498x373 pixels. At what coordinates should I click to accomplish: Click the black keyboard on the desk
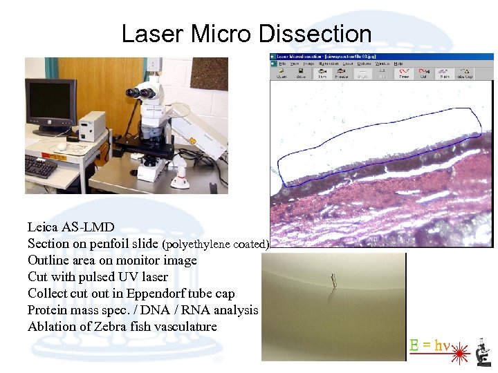(x=40, y=166)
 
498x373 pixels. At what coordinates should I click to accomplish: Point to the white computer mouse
(x=62, y=146)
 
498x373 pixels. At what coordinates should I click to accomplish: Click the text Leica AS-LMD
(x=71, y=227)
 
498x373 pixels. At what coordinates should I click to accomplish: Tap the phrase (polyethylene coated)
(x=215, y=244)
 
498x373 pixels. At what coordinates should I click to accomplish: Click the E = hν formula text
(x=429, y=345)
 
